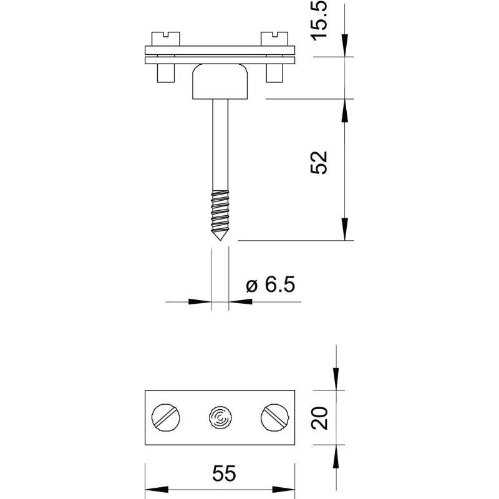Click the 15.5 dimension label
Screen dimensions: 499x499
(x=319, y=20)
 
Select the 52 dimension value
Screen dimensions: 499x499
(x=319, y=162)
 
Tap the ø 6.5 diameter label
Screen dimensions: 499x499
(x=271, y=284)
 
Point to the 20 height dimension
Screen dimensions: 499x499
(x=319, y=418)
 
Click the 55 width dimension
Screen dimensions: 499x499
(x=224, y=473)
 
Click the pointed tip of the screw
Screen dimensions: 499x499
(x=220, y=240)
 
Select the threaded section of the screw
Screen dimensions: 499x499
(x=220, y=211)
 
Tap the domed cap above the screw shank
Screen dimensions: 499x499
(x=220, y=81)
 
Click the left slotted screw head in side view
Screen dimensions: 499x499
(x=166, y=39)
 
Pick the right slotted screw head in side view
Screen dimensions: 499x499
(x=274, y=39)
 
